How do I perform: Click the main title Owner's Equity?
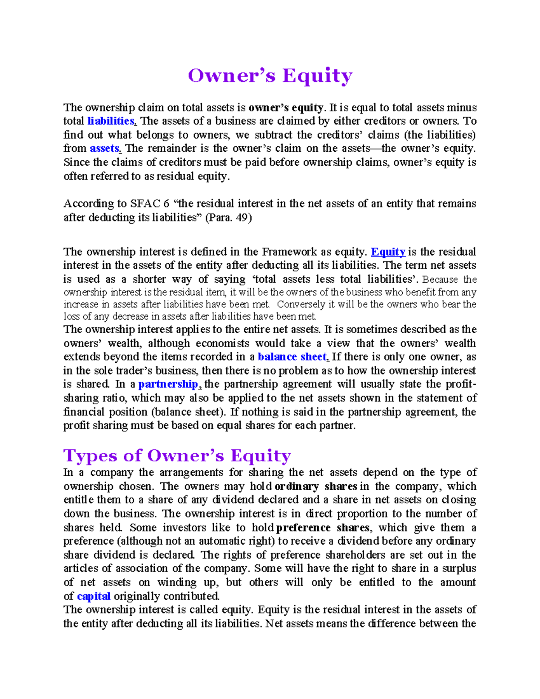[270, 76]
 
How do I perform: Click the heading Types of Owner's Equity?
[177, 455]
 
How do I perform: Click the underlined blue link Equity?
[387, 252]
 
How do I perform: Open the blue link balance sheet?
[292, 357]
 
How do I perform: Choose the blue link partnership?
[168, 384]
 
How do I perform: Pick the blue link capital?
[94, 596]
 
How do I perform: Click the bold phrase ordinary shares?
[315, 486]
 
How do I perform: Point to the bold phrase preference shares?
[323, 528]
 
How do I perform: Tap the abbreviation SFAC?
[142, 204]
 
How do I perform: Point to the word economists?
[222, 343]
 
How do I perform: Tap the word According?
[89, 204]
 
